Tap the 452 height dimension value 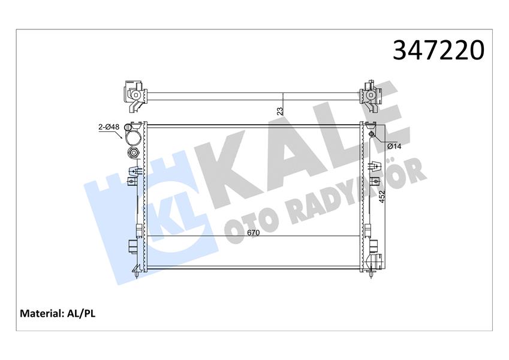(x=382, y=198)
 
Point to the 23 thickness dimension (x=280, y=110)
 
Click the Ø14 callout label (x=393, y=146)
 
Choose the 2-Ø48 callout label (x=109, y=127)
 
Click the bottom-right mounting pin (x=374, y=273)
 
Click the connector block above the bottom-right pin (x=376, y=260)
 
